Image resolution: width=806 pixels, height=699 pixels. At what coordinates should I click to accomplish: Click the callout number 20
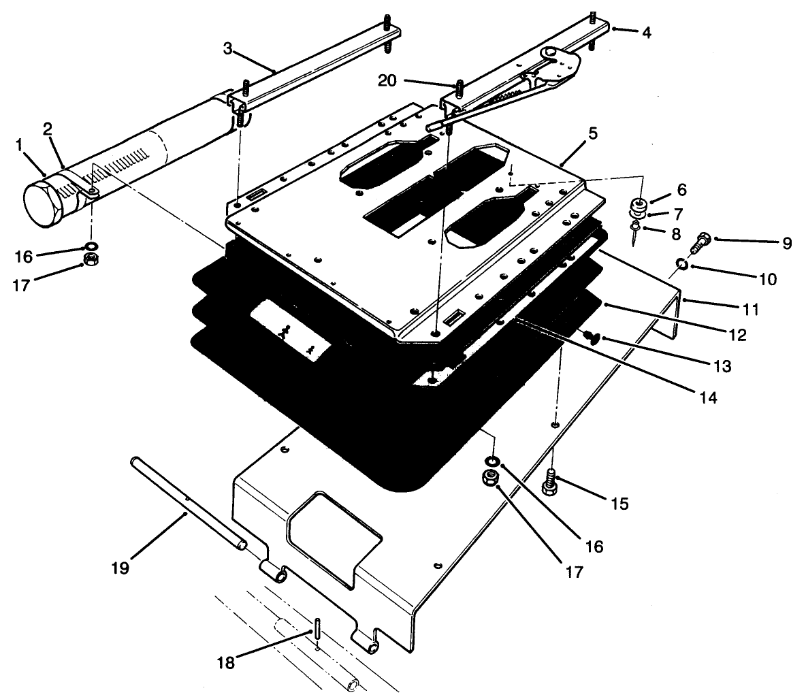pyautogui.click(x=387, y=81)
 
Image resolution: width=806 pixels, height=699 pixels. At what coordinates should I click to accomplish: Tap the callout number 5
pyautogui.click(x=594, y=133)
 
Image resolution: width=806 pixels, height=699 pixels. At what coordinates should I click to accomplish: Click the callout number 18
pyautogui.click(x=226, y=662)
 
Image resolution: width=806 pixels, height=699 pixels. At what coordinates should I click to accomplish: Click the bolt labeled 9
pyautogui.click(x=701, y=241)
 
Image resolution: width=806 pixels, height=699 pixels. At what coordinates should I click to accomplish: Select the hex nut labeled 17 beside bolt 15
pyautogui.click(x=488, y=478)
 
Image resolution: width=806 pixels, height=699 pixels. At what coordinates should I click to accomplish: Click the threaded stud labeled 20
pyautogui.click(x=460, y=89)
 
